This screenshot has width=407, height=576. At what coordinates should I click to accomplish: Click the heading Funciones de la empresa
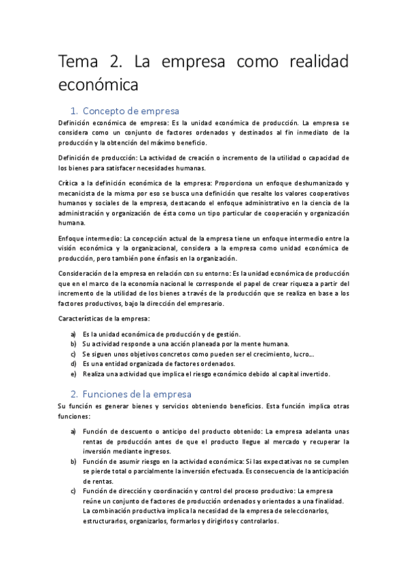click(x=136, y=394)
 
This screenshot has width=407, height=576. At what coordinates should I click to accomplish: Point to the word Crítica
click(x=69, y=183)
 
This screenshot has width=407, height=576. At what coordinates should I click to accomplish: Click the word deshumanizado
click(x=315, y=183)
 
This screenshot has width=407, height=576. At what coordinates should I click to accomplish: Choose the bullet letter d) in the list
click(x=73, y=363)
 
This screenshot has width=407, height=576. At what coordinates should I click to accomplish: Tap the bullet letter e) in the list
click(x=73, y=374)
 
